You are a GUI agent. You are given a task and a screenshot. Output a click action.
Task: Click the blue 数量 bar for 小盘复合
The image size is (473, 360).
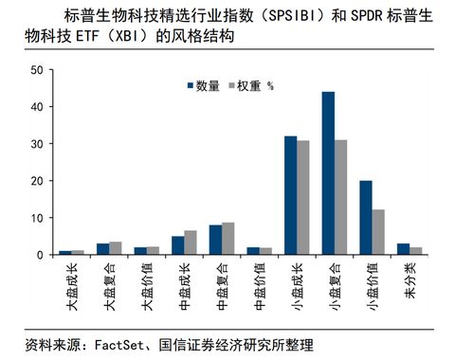point(328,173)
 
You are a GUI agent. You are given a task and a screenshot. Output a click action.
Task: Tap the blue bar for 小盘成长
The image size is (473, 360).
point(291,195)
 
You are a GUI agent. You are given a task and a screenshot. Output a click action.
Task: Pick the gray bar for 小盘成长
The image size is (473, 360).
point(303,198)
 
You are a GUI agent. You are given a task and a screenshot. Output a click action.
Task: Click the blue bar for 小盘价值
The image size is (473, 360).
point(365,218)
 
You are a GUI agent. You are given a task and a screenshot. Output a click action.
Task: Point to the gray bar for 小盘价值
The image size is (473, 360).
point(377,232)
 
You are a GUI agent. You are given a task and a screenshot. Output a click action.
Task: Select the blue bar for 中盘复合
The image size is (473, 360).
point(216,240)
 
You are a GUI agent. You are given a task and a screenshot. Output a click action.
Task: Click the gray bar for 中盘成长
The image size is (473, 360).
point(191,243)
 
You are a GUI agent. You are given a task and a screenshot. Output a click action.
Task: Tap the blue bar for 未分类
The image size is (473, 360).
point(403,249)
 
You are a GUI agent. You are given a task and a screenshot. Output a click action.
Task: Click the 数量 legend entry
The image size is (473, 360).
point(202,86)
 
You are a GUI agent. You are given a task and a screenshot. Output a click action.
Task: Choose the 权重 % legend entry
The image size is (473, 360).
point(251,86)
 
